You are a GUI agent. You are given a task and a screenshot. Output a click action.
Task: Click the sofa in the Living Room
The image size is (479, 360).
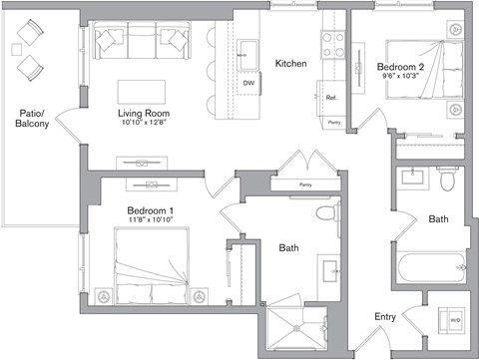(143, 43)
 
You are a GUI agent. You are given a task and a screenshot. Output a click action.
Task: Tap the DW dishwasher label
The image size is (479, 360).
(248, 83)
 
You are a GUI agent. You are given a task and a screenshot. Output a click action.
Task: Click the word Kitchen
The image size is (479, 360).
(290, 64)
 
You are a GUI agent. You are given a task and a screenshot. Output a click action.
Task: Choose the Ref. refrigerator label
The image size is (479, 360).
(331, 98)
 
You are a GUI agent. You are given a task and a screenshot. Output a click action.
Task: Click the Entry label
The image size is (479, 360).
(385, 317)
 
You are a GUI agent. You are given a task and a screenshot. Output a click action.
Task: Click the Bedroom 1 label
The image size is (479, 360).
(151, 210)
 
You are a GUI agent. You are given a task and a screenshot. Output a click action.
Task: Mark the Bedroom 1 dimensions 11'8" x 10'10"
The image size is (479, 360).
(151, 221)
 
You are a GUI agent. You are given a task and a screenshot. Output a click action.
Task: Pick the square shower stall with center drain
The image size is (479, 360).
(296, 332)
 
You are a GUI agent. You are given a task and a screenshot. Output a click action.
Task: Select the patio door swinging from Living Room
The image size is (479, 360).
(66, 130)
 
